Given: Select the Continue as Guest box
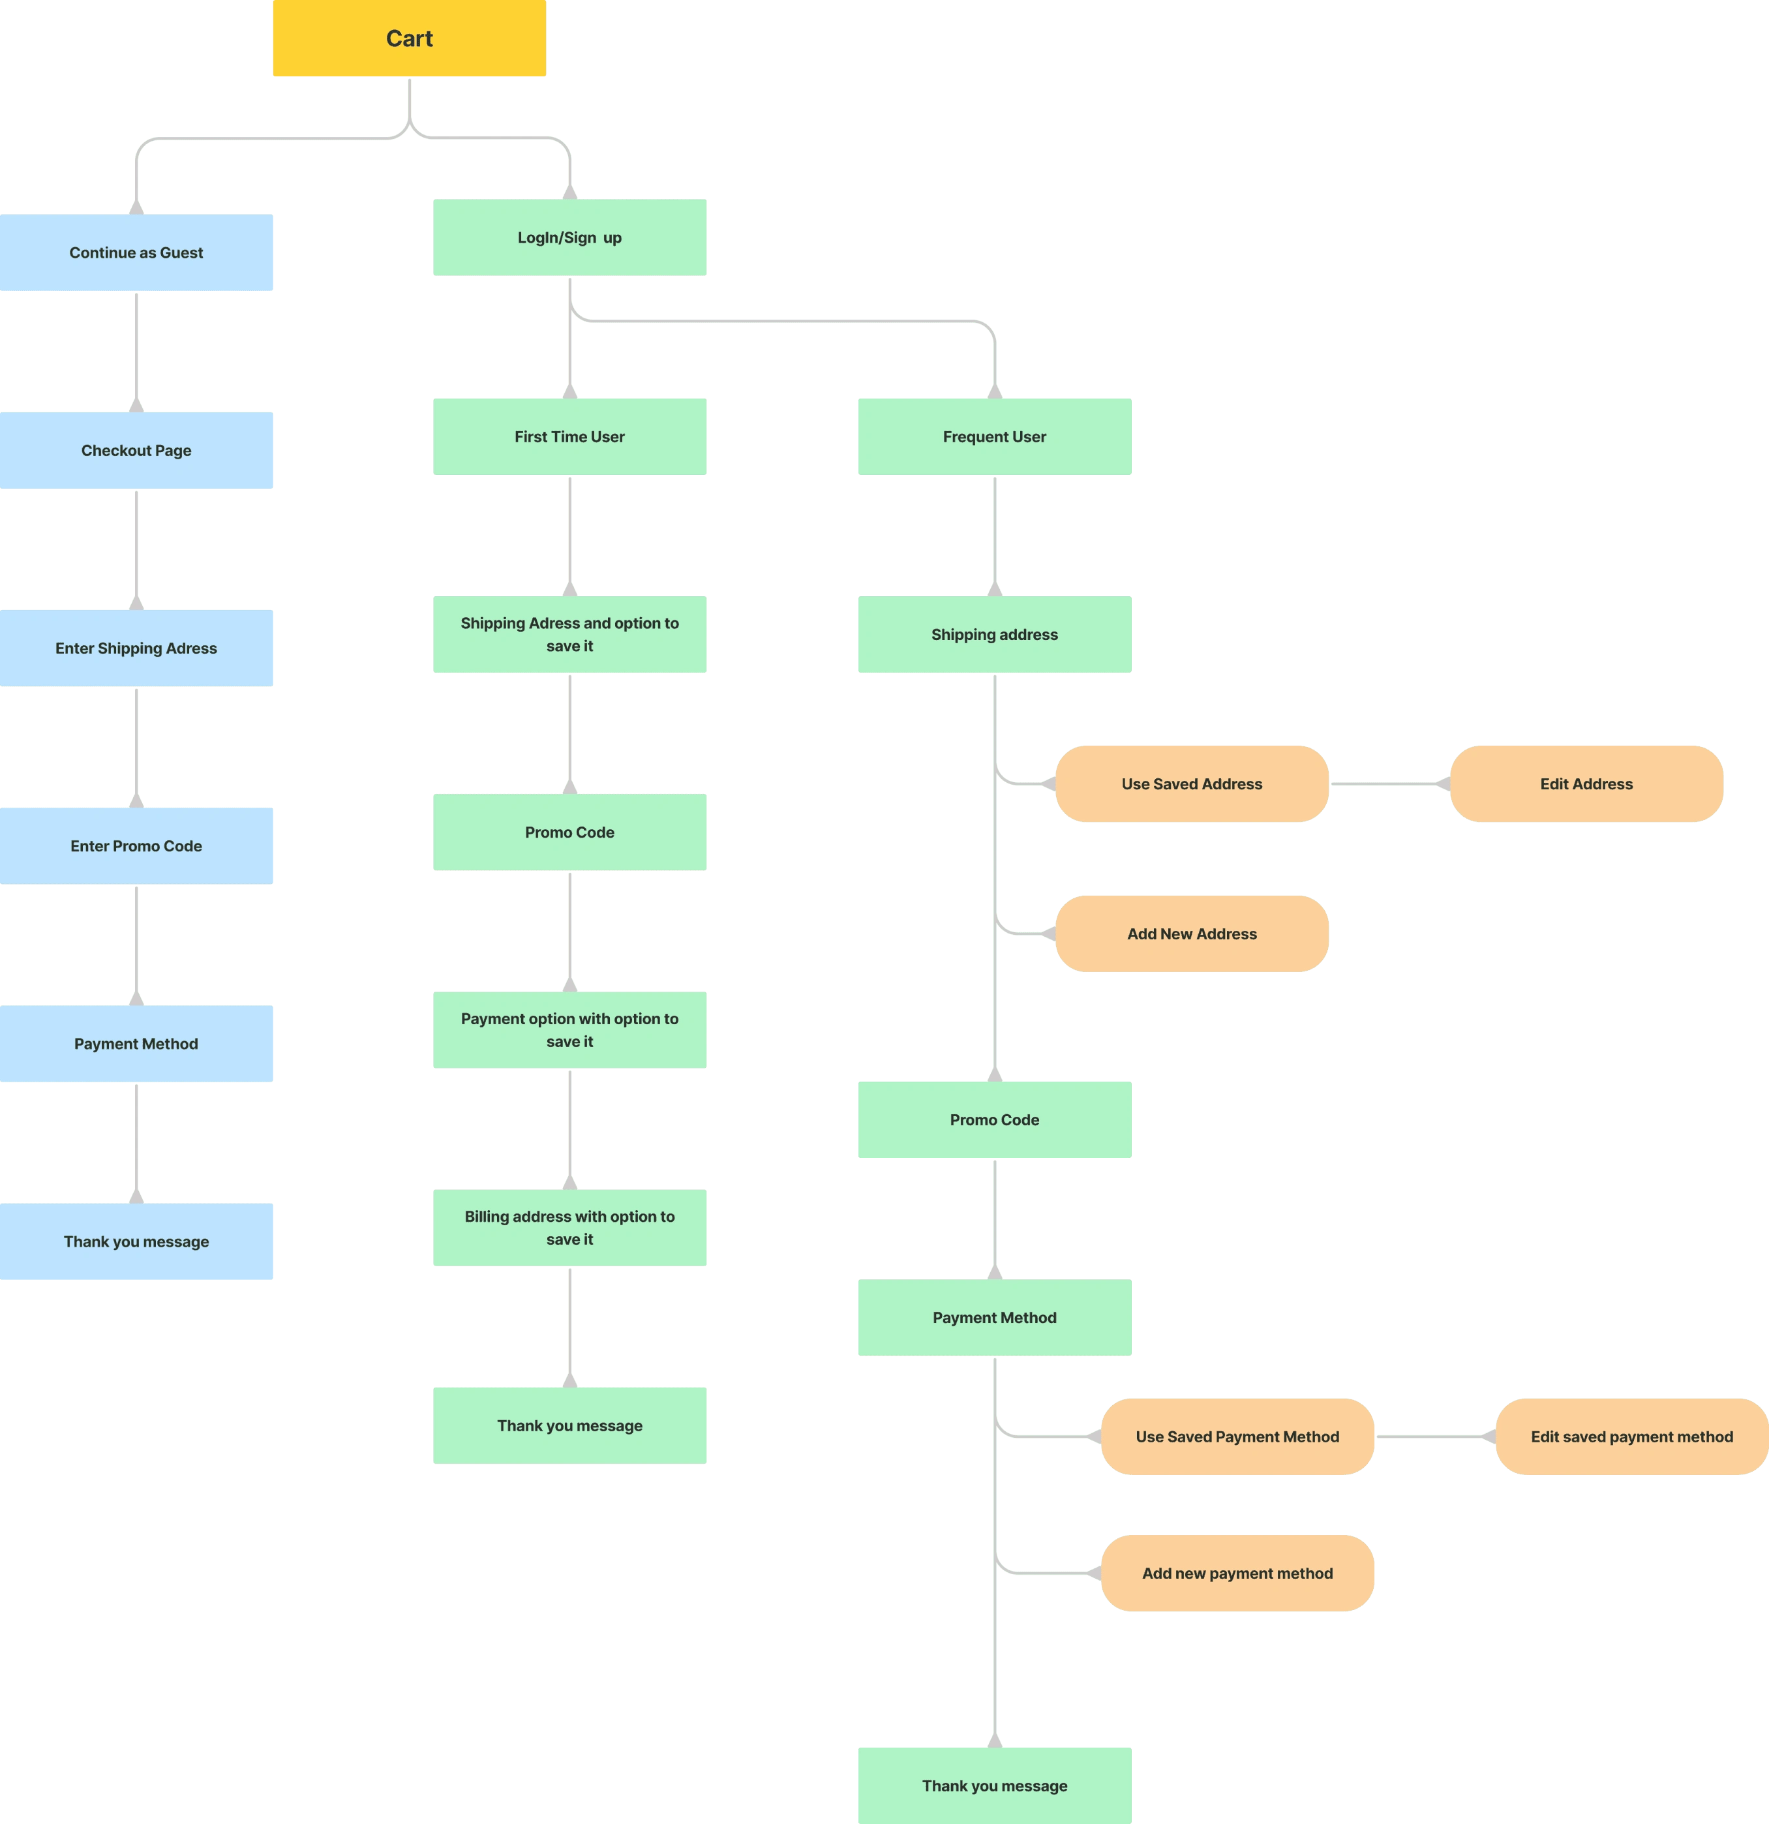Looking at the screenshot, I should coord(137,253).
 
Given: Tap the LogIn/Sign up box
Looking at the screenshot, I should coord(571,237).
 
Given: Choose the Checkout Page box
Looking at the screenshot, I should coord(137,450).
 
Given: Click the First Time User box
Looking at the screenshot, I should coord(571,436).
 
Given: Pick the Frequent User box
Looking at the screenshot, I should coord(994,436).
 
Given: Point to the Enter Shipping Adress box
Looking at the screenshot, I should coord(137,648).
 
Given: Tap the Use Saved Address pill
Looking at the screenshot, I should coord(1191,783).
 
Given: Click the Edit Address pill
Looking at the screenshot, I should coord(1586,783).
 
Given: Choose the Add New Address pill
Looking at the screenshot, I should coord(1191,934).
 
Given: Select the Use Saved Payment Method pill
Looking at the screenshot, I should coord(1237,1436).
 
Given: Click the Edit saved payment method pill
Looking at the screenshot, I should coord(1631,1436).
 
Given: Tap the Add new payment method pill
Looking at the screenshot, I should coord(1237,1573).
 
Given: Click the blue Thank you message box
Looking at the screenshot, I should coord(137,1241).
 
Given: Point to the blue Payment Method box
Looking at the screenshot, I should coord(137,1043).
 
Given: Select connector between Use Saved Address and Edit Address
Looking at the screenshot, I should coord(1389,783).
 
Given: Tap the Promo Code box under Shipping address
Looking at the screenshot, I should coord(994,1119).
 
